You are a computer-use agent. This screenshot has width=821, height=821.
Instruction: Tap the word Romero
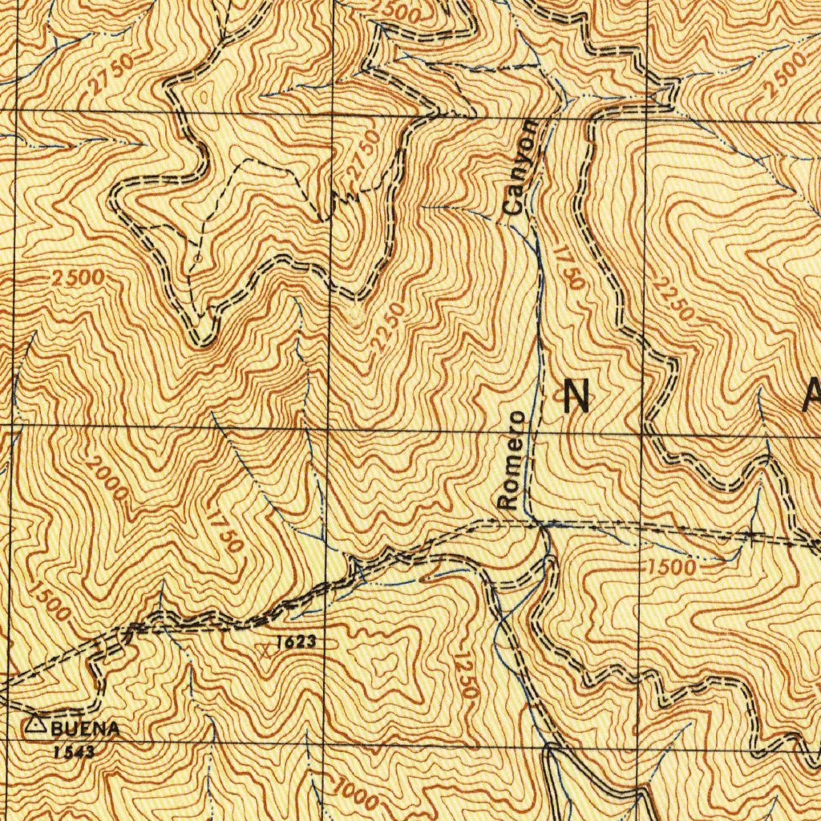coord(511,460)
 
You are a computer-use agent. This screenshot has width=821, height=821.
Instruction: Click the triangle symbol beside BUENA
coord(34,726)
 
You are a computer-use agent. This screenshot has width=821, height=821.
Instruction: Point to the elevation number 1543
coord(75,752)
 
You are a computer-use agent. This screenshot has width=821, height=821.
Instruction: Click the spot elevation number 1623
coord(295,642)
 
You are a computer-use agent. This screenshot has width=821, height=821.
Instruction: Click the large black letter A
coord(811,394)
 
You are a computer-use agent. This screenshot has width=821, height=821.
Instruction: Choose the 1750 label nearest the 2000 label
coord(224,528)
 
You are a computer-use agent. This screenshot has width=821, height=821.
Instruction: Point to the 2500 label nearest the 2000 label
coord(77,278)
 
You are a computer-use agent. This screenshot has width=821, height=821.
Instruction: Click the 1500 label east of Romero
coord(672,567)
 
